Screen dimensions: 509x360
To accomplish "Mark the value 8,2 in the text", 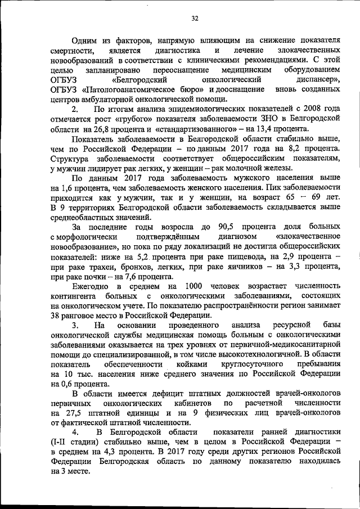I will [295, 147].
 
